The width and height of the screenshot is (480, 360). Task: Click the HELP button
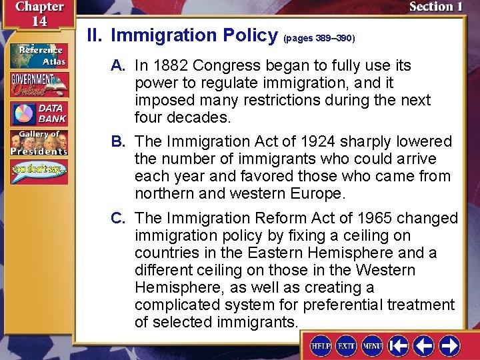pyautogui.click(x=323, y=346)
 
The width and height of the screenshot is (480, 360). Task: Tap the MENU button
pyautogui.click(x=371, y=346)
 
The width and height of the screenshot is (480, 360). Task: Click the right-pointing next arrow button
pyautogui.click(x=449, y=346)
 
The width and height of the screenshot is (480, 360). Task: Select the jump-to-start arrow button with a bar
pyautogui.click(x=399, y=346)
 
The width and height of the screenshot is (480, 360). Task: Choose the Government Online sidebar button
pyautogui.click(x=39, y=85)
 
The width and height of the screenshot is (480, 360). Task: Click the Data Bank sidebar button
pyautogui.click(x=39, y=114)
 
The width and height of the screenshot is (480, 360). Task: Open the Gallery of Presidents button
pyautogui.click(x=39, y=143)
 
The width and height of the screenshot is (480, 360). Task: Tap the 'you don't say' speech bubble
pyautogui.click(x=39, y=172)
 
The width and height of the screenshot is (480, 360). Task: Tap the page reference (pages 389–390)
pyautogui.click(x=319, y=39)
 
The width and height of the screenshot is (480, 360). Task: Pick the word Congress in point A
pyautogui.click(x=223, y=66)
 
